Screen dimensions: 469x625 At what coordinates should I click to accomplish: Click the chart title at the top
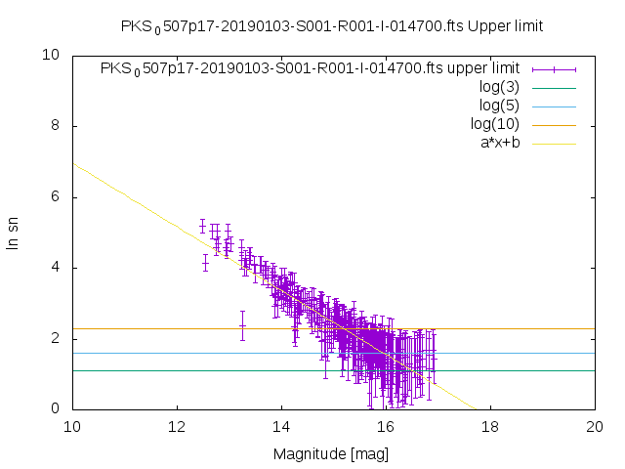[x=331, y=25]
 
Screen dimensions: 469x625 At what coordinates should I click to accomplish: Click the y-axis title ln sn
[x=14, y=232]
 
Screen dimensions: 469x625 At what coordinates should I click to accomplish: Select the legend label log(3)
[x=499, y=87]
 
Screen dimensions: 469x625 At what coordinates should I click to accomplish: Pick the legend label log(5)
[x=499, y=106]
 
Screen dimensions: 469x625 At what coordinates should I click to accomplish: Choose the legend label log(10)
[x=495, y=124]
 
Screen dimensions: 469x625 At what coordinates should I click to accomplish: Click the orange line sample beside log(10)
[x=554, y=124]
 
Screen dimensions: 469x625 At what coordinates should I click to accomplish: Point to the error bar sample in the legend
[x=554, y=68]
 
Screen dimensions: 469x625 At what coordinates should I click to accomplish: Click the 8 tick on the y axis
[x=57, y=126]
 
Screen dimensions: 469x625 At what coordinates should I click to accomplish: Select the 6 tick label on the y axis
[x=57, y=196]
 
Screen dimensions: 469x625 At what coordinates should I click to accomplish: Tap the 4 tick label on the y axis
[x=57, y=268]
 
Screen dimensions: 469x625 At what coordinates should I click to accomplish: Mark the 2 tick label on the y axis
[x=57, y=338]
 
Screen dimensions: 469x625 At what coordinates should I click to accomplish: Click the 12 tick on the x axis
[x=177, y=427]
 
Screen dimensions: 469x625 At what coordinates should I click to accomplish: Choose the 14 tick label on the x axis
[x=281, y=427]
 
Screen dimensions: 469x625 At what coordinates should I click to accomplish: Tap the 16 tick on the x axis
[x=386, y=427]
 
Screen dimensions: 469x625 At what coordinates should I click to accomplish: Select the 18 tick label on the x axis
[x=490, y=427]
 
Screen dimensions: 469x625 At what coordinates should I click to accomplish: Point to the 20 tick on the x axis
[x=595, y=427]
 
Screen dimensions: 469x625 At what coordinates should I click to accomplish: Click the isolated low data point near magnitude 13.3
[x=242, y=325]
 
